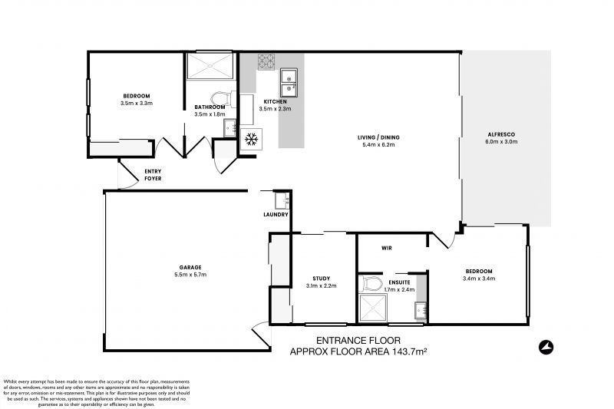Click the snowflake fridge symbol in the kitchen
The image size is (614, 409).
250,140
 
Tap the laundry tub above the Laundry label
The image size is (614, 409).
281,200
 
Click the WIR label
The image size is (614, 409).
388,249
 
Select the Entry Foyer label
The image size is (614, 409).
153,175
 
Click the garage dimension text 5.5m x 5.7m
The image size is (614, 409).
191,274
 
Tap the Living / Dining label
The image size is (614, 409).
378,138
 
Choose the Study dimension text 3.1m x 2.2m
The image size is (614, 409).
321,285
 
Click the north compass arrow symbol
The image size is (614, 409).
546,346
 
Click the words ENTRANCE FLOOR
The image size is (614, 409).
358,341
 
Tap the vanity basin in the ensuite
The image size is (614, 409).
419,310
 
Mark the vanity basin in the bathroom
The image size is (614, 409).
229,127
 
